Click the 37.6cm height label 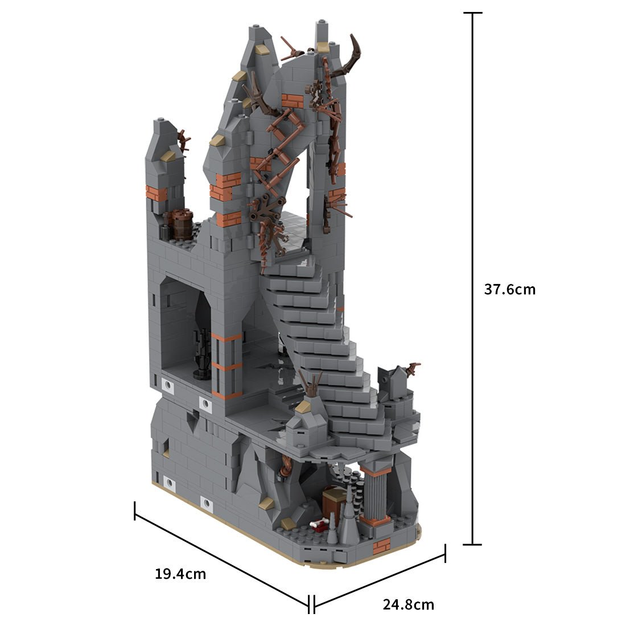coord(509,289)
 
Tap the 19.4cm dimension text coord(180,574)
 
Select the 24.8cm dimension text coord(408,604)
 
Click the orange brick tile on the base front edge coord(381,546)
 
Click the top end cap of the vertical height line coord(472,13)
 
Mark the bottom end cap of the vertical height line coord(472,545)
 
